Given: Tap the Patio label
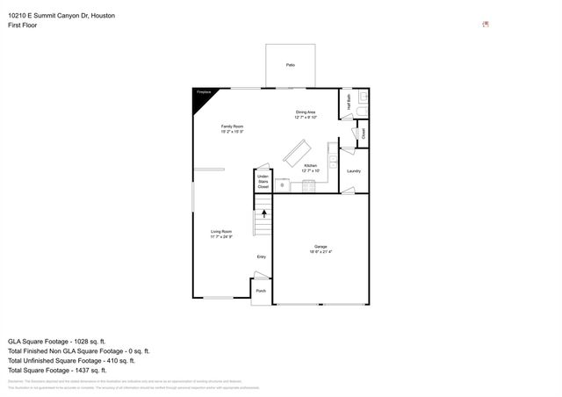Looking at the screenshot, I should click(291, 65).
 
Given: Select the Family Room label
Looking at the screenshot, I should click(232, 129).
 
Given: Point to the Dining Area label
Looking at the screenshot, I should click(305, 114).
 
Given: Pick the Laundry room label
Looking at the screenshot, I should click(354, 170).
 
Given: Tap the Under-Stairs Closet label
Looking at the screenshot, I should click(263, 182).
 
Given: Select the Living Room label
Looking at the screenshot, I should click(220, 234).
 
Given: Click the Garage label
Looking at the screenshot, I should click(321, 248).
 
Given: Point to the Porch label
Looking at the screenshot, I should click(261, 291).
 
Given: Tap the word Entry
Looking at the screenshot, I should click(261, 256).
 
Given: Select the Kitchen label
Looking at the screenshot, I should click(310, 168).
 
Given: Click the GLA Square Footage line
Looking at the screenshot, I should click(56, 340).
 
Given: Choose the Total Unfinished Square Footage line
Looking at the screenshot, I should click(71, 360).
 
